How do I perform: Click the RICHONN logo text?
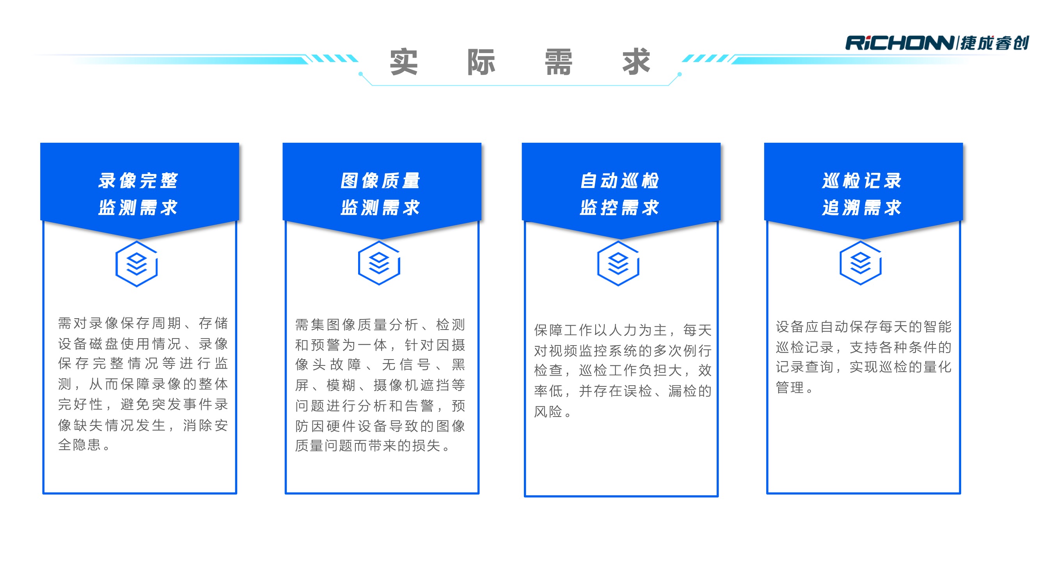[x=900, y=43]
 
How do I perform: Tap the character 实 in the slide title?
[x=403, y=62]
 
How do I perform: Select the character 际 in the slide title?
[x=481, y=62]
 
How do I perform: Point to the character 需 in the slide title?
[x=558, y=62]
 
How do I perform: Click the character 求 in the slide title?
[x=636, y=62]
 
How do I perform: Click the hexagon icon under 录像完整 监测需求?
[x=137, y=264]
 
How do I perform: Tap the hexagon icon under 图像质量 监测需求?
[x=379, y=263]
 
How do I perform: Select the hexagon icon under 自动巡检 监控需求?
[x=618, y=264]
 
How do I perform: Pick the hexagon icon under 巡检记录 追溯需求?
[x=860, y=263]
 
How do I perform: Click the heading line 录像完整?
[x=138, y=181]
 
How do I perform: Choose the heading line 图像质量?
[x=380, y=181]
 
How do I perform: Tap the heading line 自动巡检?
[x=620, y=181]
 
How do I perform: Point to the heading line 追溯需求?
[x=862, y=208]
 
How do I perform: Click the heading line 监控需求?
[x=620, y=208]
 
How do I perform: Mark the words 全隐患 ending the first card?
[x=79, y=445]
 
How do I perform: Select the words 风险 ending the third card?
[x=548, y=411]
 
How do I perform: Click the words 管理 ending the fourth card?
[x=790, y=388]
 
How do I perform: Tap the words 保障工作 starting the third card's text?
[x=564, y=330]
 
